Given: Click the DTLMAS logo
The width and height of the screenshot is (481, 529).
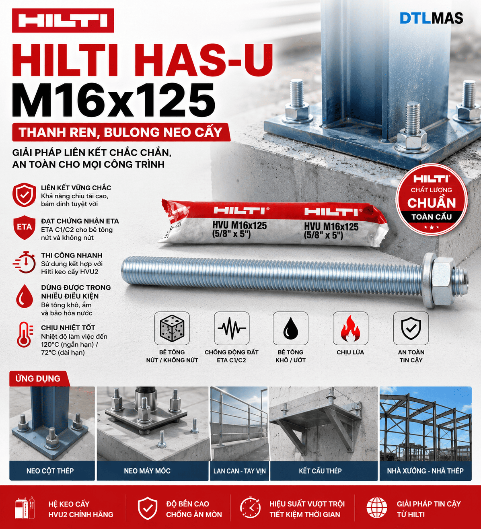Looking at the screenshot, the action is [431, 18].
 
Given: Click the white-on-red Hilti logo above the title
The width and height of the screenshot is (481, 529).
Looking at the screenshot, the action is [63, 21].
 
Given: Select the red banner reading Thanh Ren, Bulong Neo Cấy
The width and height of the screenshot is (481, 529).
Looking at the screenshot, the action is [121, 132].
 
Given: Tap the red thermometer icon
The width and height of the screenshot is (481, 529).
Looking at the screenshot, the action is [25, 335].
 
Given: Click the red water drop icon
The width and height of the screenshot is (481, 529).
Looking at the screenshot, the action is [25, 296].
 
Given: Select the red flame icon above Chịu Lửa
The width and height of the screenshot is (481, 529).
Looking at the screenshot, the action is [350, 329].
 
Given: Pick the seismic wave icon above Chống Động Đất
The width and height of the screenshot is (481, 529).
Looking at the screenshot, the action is [232, 328].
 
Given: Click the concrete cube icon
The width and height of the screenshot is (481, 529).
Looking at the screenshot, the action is [172, 329].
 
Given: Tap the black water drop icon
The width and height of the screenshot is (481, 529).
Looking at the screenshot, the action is [291, 329].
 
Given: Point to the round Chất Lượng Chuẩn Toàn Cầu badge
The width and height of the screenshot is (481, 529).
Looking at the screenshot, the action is [432, 200].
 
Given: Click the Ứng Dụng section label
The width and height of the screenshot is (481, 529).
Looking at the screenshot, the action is [38, 379].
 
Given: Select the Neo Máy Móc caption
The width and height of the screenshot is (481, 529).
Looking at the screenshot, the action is [147, 471].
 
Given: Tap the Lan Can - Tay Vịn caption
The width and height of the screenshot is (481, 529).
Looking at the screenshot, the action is [239, 471].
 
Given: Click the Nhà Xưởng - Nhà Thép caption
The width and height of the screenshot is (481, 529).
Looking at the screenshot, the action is [425, 471].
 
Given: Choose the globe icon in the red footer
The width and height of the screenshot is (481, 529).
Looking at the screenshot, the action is [376, 507].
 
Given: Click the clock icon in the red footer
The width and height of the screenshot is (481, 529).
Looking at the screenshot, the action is [251, 507].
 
